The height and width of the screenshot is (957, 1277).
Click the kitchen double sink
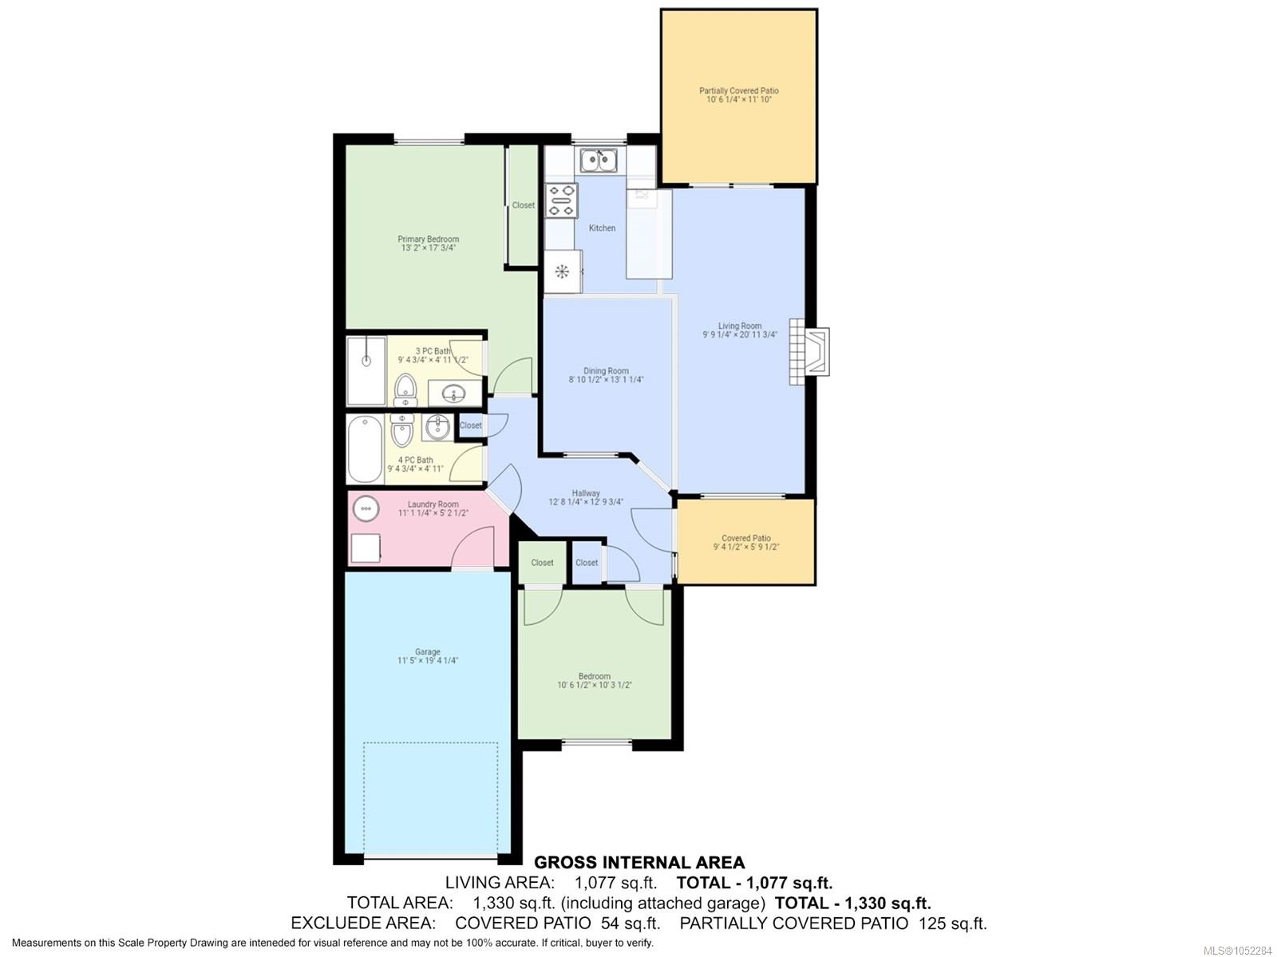click(599, 160)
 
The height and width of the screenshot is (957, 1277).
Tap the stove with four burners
click(562, 200)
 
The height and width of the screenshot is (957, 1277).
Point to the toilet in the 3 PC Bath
click(405, 390)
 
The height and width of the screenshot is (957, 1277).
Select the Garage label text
click(428, 652)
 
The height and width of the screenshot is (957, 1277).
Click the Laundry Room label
click(433, 504)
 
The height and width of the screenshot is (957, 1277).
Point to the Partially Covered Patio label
click(739, 91)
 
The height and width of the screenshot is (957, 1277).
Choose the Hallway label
click(586, 493)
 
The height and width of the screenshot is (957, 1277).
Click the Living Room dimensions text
click(739, 334)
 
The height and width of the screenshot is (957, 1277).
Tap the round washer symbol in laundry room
click(366, 509)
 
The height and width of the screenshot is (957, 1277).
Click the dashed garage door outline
click(431, 742)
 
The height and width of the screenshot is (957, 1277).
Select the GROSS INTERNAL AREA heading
click(639, 862)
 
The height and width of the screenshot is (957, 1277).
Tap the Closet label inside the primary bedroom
click(524, 205)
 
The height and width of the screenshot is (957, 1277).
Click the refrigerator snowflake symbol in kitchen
click(562, 271)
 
